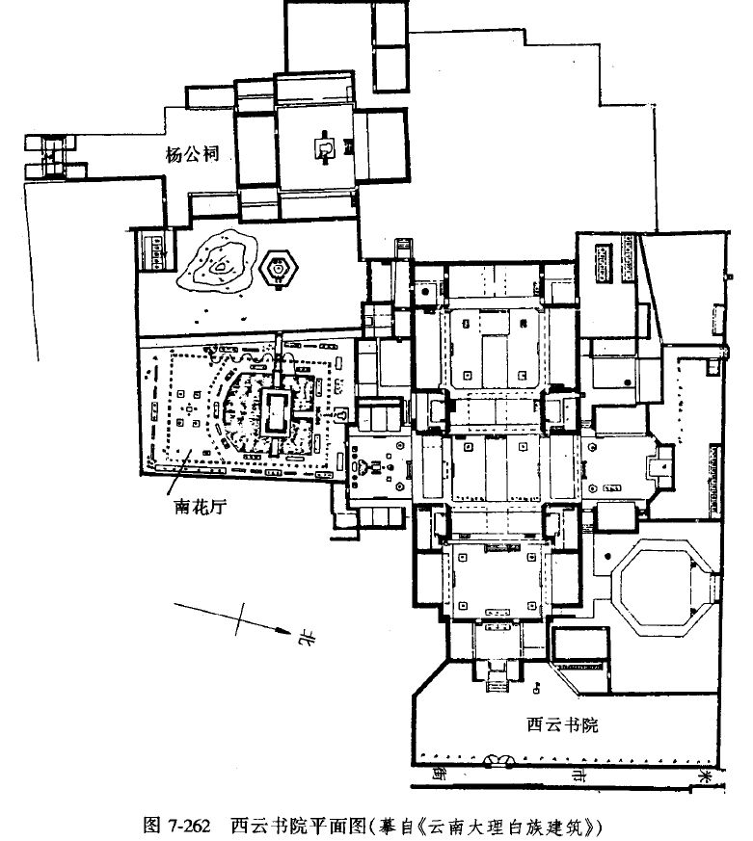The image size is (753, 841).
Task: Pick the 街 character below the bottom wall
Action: click(x=440, y=774)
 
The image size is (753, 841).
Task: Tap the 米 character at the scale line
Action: click(x=707, y=774)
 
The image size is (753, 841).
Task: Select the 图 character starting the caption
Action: click(x=150, y=826)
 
